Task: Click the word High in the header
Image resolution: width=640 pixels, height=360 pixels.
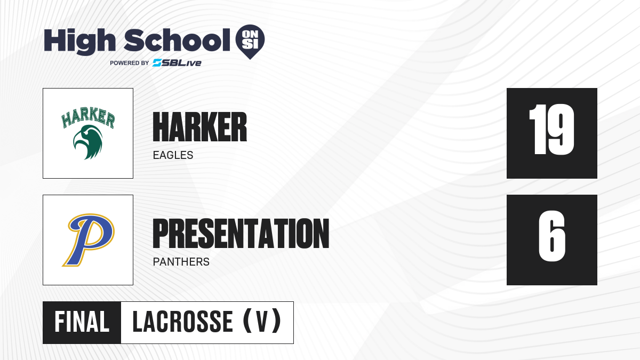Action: [x=79, y=41]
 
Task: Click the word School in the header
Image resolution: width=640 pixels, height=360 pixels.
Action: [x=177, y=39]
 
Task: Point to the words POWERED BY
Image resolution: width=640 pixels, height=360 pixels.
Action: [x=130, y=63]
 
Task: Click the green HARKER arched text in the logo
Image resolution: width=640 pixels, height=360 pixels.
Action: [x=88, y=117]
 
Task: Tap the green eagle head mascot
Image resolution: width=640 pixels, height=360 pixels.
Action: [x=87, y=142]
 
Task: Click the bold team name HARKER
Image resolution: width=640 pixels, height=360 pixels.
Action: [x=199, y=127]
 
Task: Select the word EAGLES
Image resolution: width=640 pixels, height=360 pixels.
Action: [x=173, y=155]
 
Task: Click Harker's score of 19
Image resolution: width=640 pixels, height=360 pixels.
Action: [x=551, y=129]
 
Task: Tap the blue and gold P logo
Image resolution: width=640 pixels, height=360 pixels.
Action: [x=89, y=239]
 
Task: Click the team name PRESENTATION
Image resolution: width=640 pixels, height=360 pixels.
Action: [x=241, y=234]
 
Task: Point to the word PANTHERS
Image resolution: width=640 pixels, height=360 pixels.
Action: [x=181, y=262]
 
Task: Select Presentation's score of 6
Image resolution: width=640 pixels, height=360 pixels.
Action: [x=551, y=236]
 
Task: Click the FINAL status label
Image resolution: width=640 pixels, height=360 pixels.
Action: [x=82, y=322]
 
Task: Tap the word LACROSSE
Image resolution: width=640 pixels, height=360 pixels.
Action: [x=182, y=322]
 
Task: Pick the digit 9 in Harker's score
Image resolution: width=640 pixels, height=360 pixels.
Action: [x=561, y=129]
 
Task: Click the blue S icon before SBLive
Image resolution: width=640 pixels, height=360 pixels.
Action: [x=157, y=63]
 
